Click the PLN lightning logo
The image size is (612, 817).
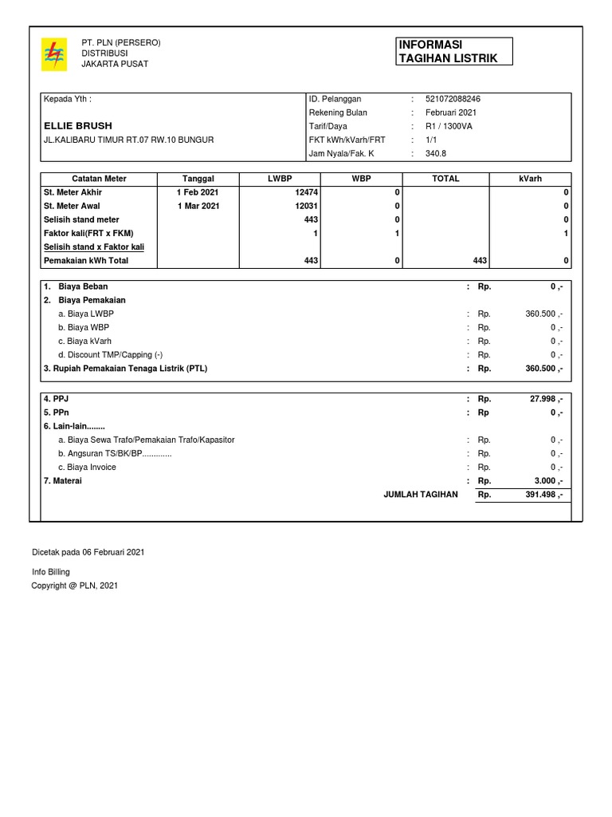click(x=54, y=55)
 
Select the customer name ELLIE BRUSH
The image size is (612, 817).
click(x=78, y=126)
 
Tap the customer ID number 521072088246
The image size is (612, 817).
click(x=453, y=99)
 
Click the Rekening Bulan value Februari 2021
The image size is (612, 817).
click(x=451, y=112)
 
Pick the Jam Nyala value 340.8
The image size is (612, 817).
click(x=436, y=153)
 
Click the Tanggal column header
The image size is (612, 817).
click(x=198, y=179)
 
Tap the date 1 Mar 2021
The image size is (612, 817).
click(x=198, y=206)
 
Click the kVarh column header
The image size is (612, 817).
click(x=530, y=179)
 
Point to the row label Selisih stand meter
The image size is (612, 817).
click(x=81, y=219)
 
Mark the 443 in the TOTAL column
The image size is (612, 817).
click(x=480, y=261)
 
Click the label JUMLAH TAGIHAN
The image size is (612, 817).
click(x=421, y=495)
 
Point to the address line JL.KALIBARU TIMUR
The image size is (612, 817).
click(x=128, y=140)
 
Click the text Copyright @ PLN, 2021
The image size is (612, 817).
click(x=74, y=586)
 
